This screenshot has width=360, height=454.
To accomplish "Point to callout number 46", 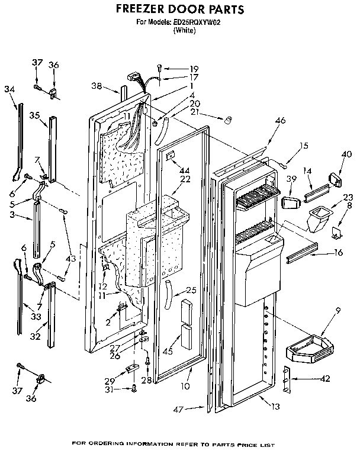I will coord(280,121).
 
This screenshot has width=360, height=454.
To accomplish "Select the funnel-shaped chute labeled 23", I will coord(317,216).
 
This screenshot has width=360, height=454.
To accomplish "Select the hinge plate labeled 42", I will coord(288,379).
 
